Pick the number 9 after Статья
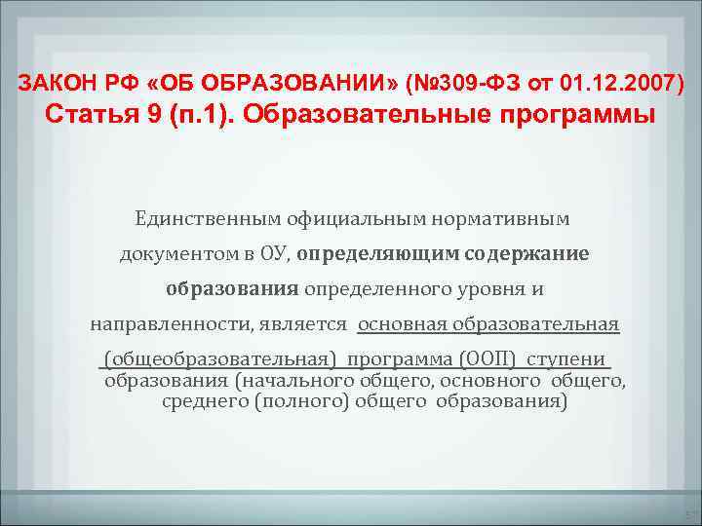tap(157, 116)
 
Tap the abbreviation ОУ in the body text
tap(275, 254)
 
